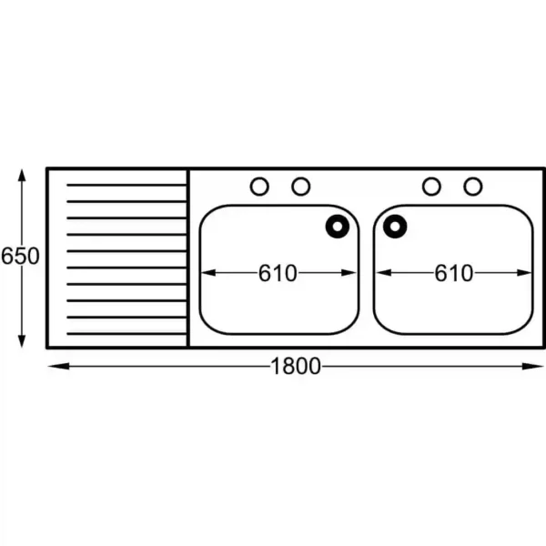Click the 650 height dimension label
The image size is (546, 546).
coord(20,256)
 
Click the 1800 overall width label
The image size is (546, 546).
coord(295,366)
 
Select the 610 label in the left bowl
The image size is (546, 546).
coord(278,273)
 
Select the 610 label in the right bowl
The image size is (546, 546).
coord(454,273)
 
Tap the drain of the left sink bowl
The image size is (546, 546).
coord(337,227)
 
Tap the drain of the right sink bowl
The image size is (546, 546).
coord(395,227)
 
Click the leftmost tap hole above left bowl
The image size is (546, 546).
coord(259,187)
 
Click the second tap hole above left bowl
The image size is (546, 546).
coord(301,187)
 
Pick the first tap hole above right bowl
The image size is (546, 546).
coord(431,187)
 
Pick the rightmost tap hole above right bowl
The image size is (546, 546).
coord(473,187)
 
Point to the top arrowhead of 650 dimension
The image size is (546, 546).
coord(22,169)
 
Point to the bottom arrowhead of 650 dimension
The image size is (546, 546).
coord(22,348)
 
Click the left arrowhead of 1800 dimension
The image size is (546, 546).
coord(48,366)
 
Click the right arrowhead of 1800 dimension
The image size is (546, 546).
coord(543,366)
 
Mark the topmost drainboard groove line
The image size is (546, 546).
coord(126,185)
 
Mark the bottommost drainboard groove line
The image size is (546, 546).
coord(126,334)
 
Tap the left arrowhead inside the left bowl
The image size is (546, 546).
coord(202,273)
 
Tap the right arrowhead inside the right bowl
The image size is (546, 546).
coord(531,273)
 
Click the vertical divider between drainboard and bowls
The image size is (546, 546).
coord(188,258)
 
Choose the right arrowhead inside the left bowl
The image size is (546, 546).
coord(356,273)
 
